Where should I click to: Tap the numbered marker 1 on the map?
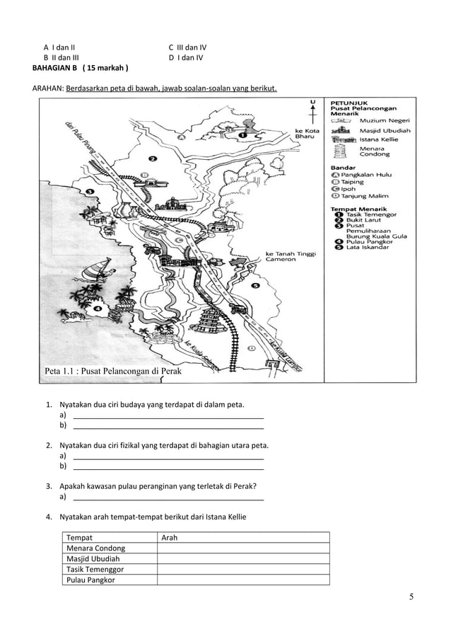242,134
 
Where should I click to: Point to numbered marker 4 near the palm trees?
97,308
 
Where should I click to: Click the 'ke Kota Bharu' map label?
307,133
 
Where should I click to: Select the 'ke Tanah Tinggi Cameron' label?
291,256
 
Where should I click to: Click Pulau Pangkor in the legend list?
368,242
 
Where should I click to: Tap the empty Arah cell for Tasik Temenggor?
242,568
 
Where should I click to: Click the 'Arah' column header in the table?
170,538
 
